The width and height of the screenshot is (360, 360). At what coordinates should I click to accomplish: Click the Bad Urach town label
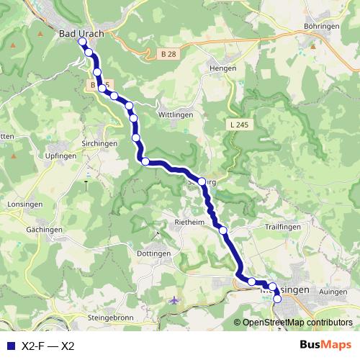click(82, 33)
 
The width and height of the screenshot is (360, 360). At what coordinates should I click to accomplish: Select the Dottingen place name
click(153, 253)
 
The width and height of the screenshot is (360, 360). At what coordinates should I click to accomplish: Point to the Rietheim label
click(190, 222)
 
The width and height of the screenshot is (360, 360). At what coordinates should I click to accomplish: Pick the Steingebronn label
click(112, 316)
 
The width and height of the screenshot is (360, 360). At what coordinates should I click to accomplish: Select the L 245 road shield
click(240, 124)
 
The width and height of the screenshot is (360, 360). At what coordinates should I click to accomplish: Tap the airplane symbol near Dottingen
click(174, 300)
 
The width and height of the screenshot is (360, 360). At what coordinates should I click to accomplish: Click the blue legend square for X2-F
click(9, 346)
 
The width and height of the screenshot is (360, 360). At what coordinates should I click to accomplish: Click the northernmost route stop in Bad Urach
click(83, 42)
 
